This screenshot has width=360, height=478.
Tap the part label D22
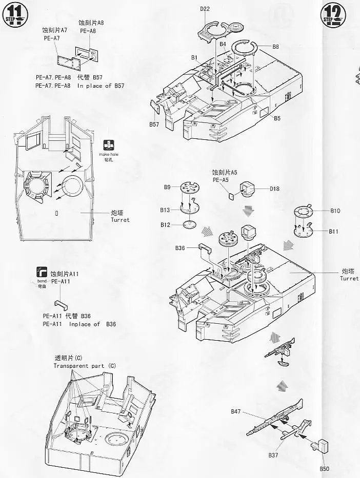(x=206, y=8)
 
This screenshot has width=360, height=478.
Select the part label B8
(x=275, y=47)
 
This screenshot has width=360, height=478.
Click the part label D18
(x=274, y=189)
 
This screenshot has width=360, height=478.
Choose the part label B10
(x=335, y=211)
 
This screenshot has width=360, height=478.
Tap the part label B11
(x=334, y=232)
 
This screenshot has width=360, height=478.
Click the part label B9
(x=167, y=187)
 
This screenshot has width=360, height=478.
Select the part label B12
(x=165, y=225)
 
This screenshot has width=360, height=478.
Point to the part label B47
(x=236, y=411)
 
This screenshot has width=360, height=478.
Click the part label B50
(x=324, y=468)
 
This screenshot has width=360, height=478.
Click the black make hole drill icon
(x=108, y=144)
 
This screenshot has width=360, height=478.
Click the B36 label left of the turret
(x=179, y=248)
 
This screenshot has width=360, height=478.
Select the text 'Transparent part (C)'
(x=85, y=366)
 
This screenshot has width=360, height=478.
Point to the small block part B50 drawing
(x=323, y=447)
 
